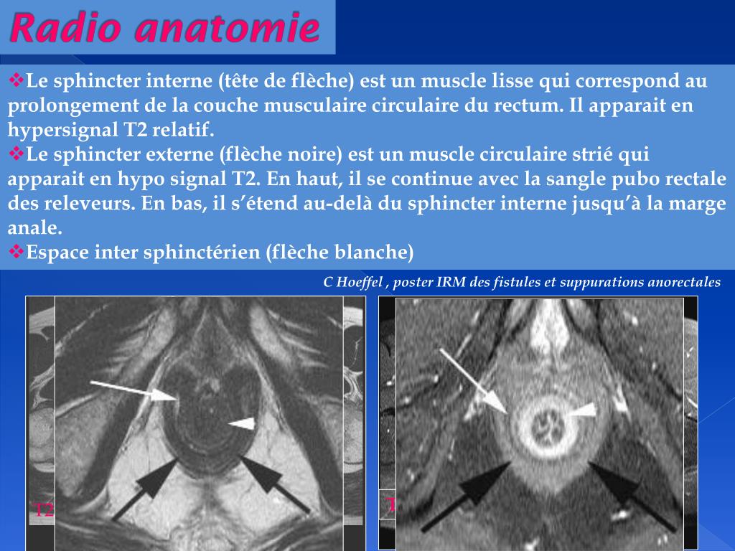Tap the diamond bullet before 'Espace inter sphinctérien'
[x=17, y=251]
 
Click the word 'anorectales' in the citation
[x=685, y=282]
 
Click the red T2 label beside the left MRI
[x=45, y=511]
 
